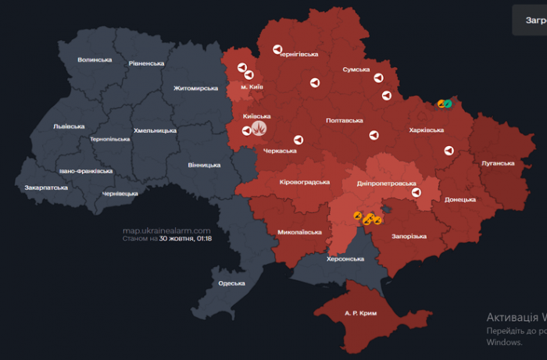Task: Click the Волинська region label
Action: (x=95, y=60)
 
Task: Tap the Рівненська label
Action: (x=146, y=63)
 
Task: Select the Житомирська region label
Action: (x=195, y=88)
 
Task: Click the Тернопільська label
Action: (x=110, y=138)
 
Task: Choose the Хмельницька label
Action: (x=155, y=130)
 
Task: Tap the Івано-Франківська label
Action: (x=86, y=171)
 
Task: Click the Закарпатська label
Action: (x=46, y=187)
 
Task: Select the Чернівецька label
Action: (x=120, y=193)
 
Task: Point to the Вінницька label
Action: (x=205, y=166)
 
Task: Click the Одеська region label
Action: (x=232, y=283)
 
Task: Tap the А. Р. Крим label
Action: (x=360, y=313)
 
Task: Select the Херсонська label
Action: (x=345, y=258)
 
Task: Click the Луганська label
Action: (x=498, y=163)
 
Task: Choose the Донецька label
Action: (x=460, y=200)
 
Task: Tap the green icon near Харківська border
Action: (x=449, y=103)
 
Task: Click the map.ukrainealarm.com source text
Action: (x=167, y=230)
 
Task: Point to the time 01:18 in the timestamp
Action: (x=203, y=239)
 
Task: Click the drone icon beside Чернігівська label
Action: (x=277, y=50)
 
